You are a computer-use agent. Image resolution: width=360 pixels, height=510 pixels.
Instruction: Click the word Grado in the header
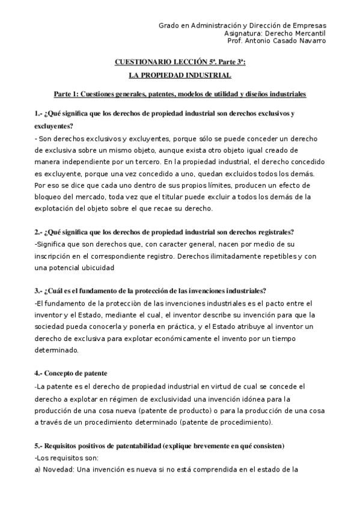pos(168,26)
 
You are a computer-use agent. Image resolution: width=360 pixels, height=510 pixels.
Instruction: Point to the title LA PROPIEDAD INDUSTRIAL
pos(180,76)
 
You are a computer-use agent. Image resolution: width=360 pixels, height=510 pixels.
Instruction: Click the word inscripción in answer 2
pos(53,256)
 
